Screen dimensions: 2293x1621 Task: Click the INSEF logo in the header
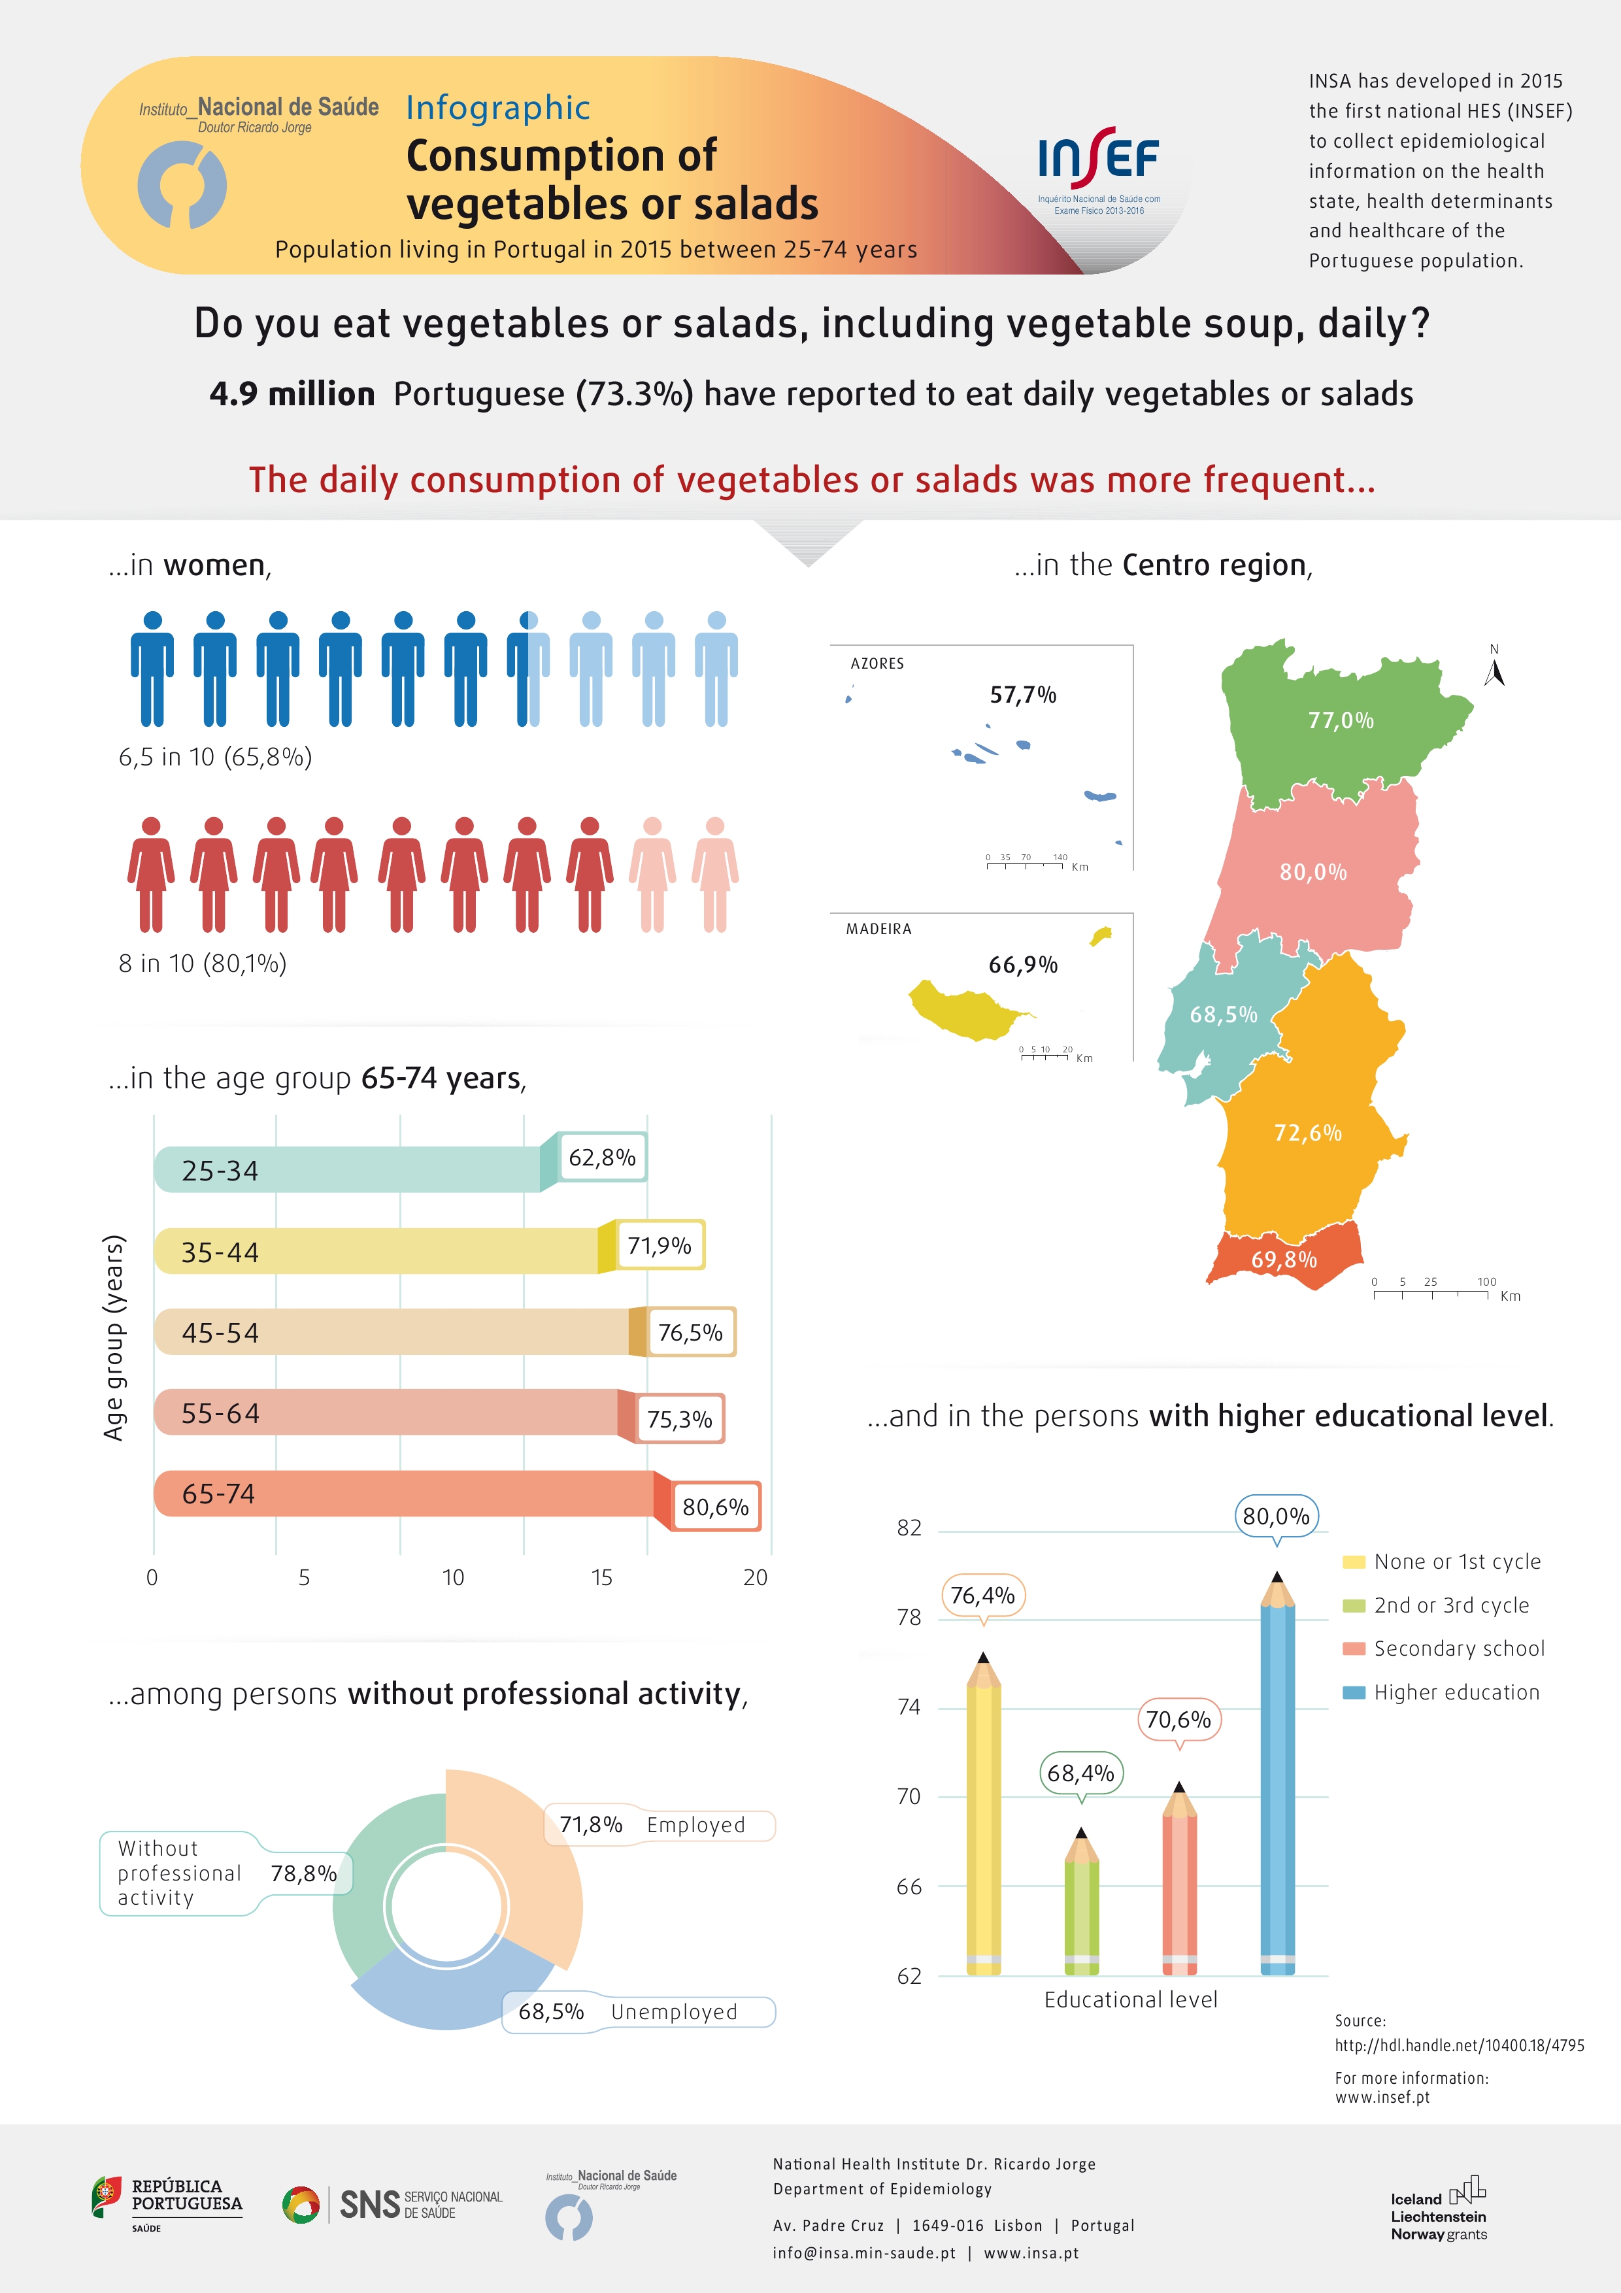tap(1099, 170)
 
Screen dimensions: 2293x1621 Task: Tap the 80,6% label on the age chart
tap(715, 1506)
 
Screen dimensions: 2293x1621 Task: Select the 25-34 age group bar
tap(350, 1169)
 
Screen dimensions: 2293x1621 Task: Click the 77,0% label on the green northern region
tap(1341, 720)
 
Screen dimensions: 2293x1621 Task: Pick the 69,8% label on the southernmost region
tap(1284, 1260)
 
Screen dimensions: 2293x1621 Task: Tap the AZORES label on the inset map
tap(877, 663)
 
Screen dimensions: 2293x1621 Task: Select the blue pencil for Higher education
tap(1277, 1778)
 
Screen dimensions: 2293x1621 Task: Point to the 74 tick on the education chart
tap(909, 1707)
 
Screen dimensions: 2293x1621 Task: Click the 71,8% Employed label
tap(660, 1824)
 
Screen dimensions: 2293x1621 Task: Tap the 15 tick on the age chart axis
tap(601, 1577)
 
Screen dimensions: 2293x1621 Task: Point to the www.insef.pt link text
tap(1382, 2098)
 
